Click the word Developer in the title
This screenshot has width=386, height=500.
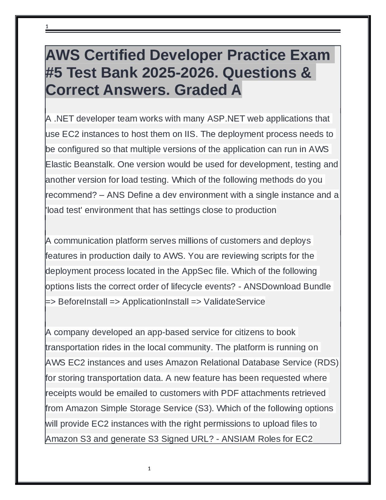click(185, 55)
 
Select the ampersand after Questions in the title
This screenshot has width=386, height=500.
click(305, 72)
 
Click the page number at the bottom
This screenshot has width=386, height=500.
click(149, 469)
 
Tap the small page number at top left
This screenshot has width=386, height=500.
click(47, 27)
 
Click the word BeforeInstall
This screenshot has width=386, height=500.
click(83, 301)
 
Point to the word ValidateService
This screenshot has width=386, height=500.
click(234, 301)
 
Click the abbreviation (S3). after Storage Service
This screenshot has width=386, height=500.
click(204, 408)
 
